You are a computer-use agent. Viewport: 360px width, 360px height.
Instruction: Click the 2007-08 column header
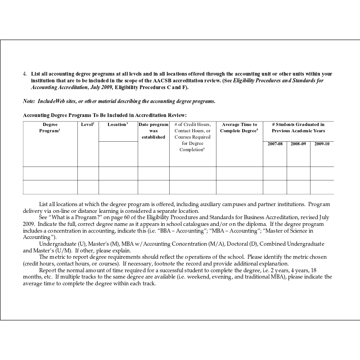(x=274, y=144)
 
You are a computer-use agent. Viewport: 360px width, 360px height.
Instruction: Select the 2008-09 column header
(x=298, y=144)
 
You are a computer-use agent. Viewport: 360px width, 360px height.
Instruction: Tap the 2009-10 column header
(x=322, y=144)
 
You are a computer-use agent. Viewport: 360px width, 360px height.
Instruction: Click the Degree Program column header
(x=50, y=127)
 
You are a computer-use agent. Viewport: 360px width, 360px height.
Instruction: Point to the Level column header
(x=87, y=125)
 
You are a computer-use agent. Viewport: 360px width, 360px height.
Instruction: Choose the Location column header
(x=118, y=125)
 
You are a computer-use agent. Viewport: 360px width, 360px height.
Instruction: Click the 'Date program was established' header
(x=153, y=130)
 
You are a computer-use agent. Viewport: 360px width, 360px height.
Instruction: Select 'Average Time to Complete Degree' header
(x=239, y=127)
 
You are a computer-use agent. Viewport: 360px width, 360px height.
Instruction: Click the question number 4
(x=25, y=73)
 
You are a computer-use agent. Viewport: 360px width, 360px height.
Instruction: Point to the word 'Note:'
(x=29, y=101)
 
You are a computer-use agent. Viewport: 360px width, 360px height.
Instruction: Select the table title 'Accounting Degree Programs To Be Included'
(x=104, y=116)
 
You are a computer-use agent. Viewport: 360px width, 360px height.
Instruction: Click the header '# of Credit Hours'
(x=192, y=125)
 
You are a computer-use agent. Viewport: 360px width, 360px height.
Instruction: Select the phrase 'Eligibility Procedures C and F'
(x=151, y=87)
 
